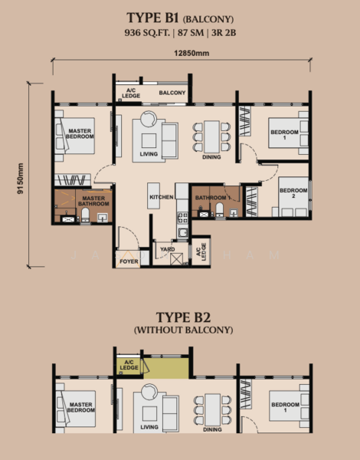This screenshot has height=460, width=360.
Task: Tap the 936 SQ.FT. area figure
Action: pos(148,32)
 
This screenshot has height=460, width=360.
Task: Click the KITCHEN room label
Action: pos(161,198)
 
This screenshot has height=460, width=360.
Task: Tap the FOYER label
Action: pos(129,262)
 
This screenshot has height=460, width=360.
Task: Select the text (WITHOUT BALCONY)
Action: pos(181,330)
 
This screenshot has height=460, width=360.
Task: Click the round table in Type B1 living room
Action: pos(147,117)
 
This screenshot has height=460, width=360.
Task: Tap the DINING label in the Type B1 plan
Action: pos(212,157)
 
